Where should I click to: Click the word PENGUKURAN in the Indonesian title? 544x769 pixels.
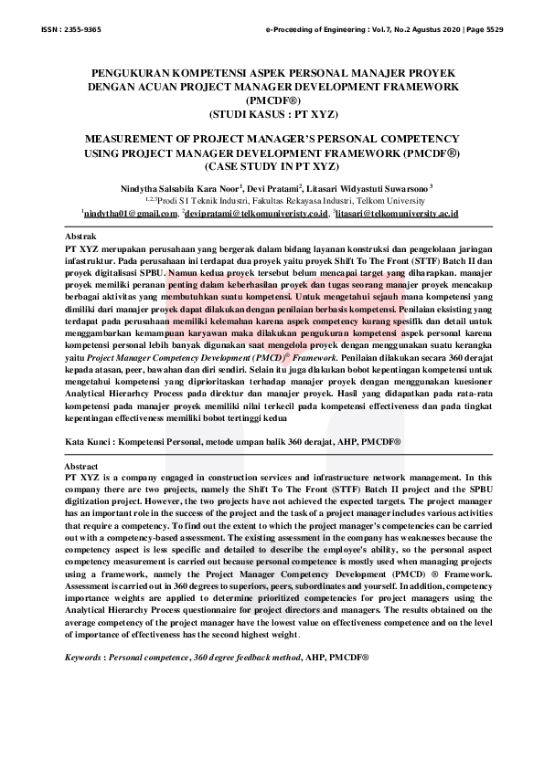click(x=142, y=71)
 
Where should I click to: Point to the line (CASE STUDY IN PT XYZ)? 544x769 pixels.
click(x=272, y=168)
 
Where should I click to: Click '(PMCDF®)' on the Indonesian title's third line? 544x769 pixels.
click(x=272, y=100)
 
